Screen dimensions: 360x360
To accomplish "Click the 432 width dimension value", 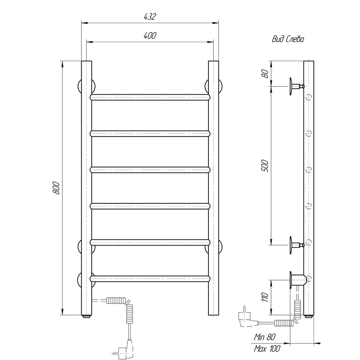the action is [x=150, y=17].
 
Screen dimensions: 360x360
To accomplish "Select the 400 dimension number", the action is [x=150, y=36].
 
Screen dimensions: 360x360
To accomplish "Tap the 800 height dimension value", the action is [x=56, y=188].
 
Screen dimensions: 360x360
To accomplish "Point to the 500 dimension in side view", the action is [x=265, y=166].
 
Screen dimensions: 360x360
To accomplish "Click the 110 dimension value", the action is [x=265, y=297].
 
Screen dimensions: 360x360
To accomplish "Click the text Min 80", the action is [x=265, y=337].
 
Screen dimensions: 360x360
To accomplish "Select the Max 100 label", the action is [x=267, y=349].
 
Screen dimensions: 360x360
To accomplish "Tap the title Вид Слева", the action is [x=288, y=39].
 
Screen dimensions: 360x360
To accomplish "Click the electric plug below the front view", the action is [x=126, y=348].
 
